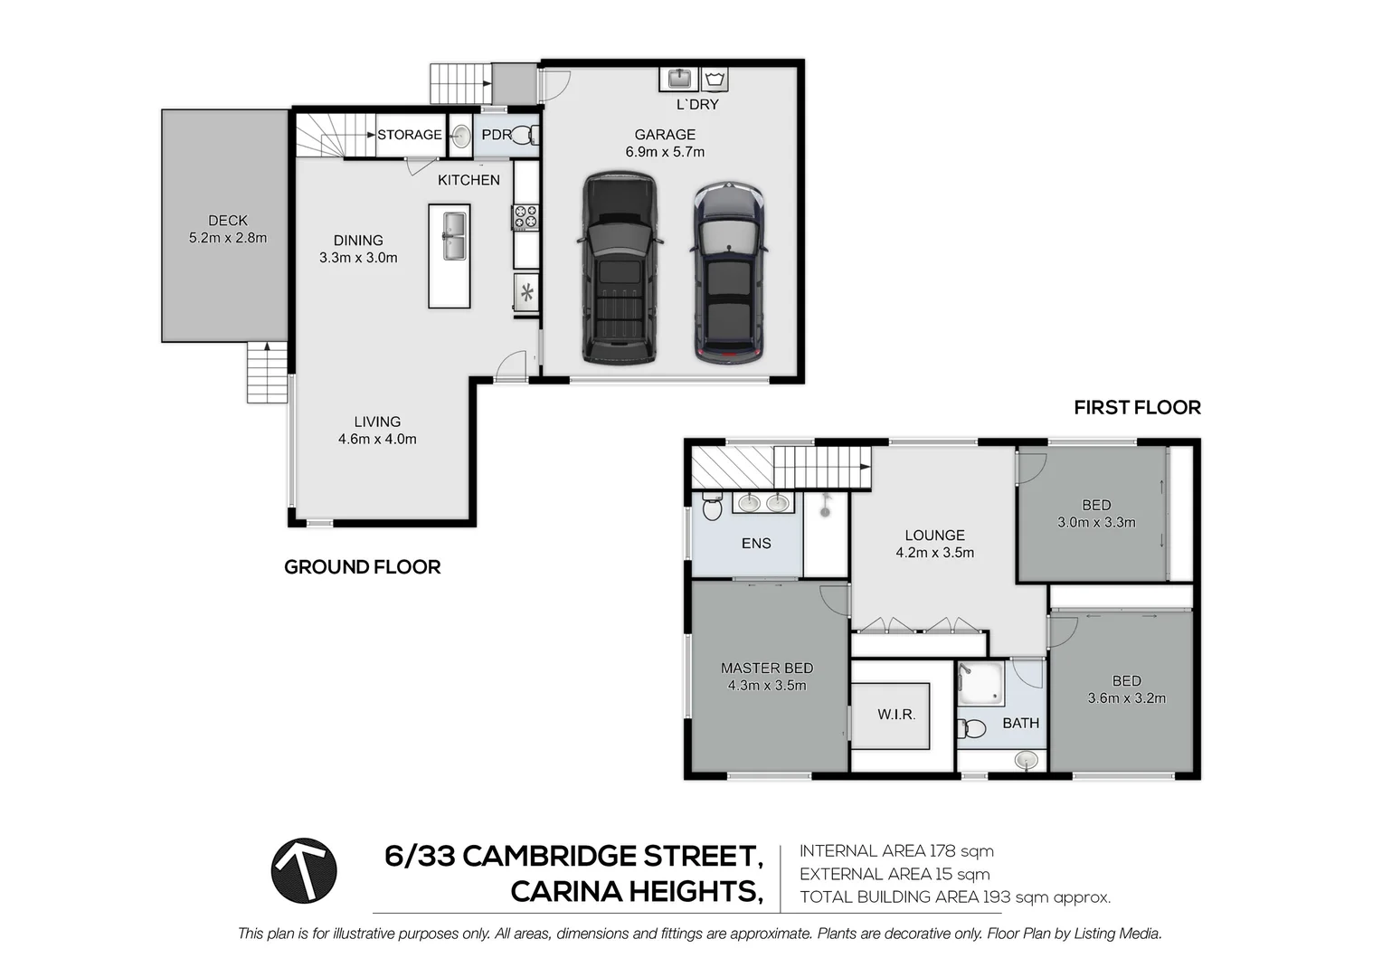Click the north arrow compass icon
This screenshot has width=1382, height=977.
(x=304, y=870)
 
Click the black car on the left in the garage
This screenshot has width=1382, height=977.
(x=620, y=268)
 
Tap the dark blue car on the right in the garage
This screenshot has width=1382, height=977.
(x=729, y=273)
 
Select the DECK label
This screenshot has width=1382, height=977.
(x=227, y=220)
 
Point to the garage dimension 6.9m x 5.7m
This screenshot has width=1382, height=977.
(x=665, y=152)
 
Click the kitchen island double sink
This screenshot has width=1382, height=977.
(x=454, y=235)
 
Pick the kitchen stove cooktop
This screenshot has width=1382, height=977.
(x=525, y=217)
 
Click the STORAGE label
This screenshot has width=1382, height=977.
(x=410, y=135)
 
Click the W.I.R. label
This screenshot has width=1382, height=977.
(x=896, y=715)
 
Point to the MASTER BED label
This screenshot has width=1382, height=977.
(x=766, y=668)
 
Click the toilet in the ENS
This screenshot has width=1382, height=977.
(x=712, y=508)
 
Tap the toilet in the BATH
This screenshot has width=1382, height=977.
(x=972, y=728)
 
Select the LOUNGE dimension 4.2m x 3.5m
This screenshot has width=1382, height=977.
(x=934, y=553)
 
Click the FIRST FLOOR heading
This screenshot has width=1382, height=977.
(x=1137, y=408)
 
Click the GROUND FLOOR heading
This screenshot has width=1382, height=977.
(x=362, y=567)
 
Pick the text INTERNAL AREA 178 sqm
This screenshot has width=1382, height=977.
(x=896, y=851)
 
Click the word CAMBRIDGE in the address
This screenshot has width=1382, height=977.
(x=548, y=856)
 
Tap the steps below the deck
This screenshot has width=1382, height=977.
(x=267, y=374)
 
